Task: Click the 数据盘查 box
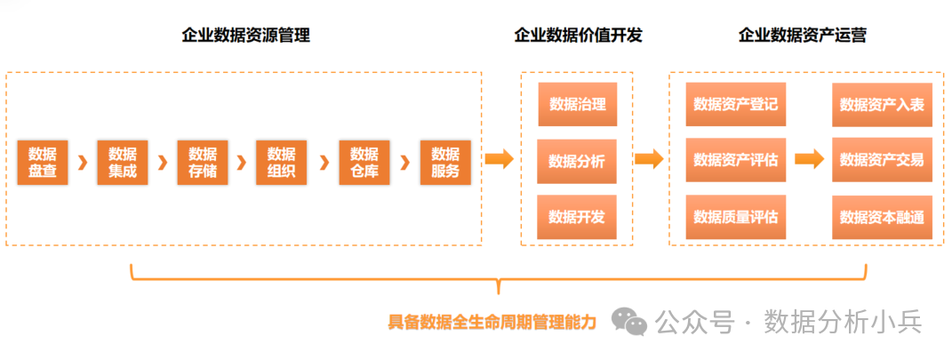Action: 43,162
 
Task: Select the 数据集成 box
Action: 123,162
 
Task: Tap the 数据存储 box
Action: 203,162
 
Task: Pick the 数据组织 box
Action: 281,162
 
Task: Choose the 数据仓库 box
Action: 364,162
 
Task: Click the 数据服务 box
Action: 445,162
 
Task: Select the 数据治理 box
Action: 577,104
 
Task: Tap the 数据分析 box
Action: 577,161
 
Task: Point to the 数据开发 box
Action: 577,217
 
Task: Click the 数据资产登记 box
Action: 735,104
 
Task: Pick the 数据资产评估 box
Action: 735,161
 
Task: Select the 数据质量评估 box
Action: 735,217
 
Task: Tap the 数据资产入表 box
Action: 882,104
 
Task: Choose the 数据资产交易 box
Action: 882,161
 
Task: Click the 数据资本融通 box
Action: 882,217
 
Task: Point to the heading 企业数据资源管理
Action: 245,36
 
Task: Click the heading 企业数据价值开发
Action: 578,36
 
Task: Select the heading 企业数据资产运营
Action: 803,36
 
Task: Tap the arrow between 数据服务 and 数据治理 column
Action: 499,160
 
